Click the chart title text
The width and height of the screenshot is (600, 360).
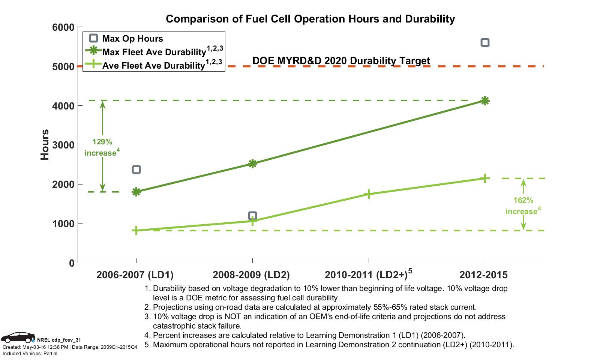tap(310, 19)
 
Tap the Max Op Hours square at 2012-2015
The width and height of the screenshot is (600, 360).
tap(484, 43)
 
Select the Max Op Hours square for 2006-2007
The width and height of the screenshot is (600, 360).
tap(136, 170)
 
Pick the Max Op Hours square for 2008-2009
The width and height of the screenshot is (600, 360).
tap(252, 216)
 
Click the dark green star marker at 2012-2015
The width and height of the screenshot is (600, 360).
tap(484, 100)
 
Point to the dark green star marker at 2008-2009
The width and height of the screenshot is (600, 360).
tap(252, 163)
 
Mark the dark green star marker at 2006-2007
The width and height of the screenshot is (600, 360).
tap(136, 192)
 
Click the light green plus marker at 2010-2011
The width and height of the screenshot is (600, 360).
tap(369, 194)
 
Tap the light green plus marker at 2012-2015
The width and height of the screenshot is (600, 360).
tap(484, 178)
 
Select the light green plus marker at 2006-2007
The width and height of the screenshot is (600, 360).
tap(136, 230)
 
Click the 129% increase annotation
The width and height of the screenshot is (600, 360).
tap(102, 147)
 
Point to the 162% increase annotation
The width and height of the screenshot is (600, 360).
tap(523, 206)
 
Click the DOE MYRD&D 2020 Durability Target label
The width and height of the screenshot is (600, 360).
tap(341, 61)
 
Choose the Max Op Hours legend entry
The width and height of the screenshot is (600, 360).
tap(132, 39)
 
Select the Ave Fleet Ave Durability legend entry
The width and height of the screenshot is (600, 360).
tap(153, 66)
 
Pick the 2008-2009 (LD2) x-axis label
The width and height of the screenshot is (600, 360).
tap(251, 275)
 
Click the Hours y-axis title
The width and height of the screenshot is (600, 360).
tap(45, 145)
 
